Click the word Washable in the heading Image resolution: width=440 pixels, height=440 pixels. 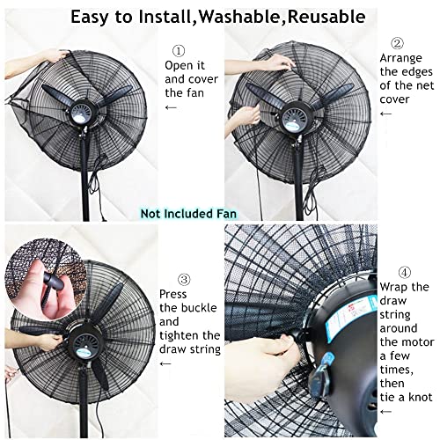click(x=241, y=16)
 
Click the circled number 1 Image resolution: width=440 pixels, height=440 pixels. click(x=179, y=50)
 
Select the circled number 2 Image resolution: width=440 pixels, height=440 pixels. click(x=396, y=42)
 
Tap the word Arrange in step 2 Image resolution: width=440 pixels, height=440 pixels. click(x=401, y=58)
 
